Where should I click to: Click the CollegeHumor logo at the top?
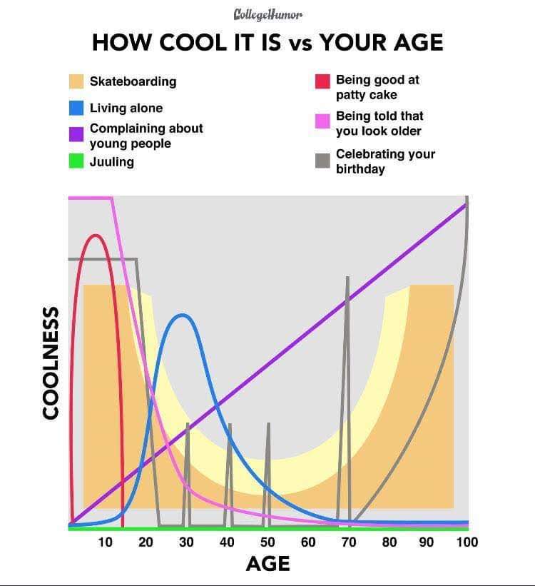coord(267,14)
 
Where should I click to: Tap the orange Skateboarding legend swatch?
coord(77,81)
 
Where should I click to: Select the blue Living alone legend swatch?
coord(77,108)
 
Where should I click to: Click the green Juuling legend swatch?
coord(77,161)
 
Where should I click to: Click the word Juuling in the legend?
coord(112,162)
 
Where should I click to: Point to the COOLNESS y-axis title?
coord(50,363)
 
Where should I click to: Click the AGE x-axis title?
coord(267,564)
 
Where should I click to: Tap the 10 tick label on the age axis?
coord(105,542)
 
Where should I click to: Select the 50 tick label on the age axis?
coord(267,542)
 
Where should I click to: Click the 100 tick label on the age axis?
coord(467,542)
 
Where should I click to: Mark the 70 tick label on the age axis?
coord(349,542)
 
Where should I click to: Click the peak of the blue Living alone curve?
coord(183,315)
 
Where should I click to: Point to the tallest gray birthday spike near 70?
coord(347,278)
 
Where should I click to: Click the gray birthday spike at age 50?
coord(268,425)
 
